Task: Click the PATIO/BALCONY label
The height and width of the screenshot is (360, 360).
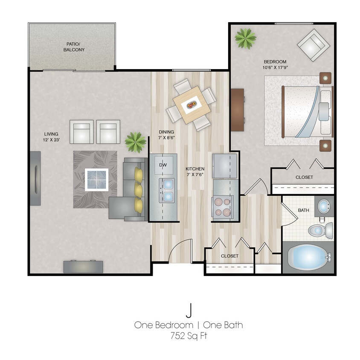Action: click(x=75, y=47)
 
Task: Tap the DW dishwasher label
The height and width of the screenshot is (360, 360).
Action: click(x=163, y=165)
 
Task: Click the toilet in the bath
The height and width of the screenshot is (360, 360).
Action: click(x=319, y=231)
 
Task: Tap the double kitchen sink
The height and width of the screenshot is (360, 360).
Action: click(x=168, y=191)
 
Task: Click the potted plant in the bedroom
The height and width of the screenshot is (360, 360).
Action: click(x=245, y=38)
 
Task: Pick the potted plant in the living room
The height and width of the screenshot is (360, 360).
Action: click(x=135, y=142)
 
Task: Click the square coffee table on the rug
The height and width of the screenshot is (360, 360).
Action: click(x=96, y=180)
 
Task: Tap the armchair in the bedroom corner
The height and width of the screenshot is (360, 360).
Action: click(x=314, y=44)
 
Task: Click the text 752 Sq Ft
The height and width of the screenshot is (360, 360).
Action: click(x=188, y=336)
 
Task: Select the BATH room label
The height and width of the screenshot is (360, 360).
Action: click(x=303, y=210)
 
